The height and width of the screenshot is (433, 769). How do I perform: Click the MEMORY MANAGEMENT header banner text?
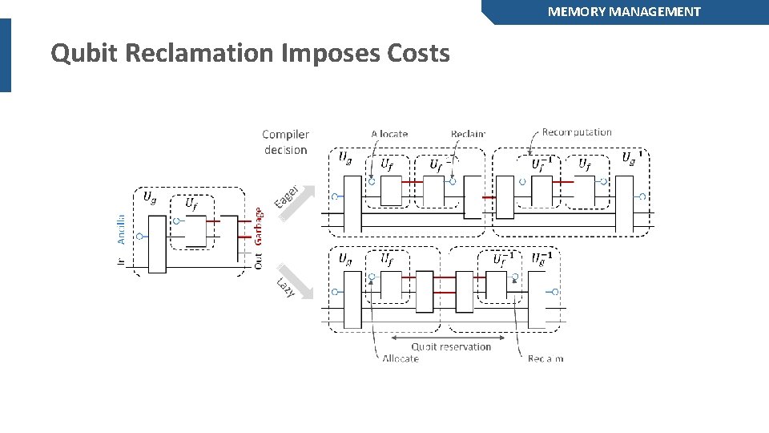coord(624,11)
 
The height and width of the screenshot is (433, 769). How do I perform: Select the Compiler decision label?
coord(285,142)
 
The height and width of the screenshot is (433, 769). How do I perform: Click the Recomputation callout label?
coord(577,132)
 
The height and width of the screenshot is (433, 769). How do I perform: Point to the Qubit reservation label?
coord(451,346)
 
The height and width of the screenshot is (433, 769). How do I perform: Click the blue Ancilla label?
coord(121,229)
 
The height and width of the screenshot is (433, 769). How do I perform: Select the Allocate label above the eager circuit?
coord(389,134)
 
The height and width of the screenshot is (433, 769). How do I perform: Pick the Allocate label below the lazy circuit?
coord(400,358)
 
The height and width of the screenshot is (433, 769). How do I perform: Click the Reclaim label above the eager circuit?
coord(468,134)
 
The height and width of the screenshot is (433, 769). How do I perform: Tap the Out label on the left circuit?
coord(258,261)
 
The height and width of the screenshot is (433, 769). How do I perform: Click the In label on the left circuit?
coord(121,261)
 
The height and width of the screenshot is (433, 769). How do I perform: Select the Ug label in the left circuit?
coord(149,196)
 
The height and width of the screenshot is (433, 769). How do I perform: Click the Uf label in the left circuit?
coord(192,204)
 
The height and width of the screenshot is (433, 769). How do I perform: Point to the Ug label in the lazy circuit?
coord(344,259)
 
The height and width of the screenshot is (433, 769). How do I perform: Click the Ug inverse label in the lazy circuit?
coord(542,258)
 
